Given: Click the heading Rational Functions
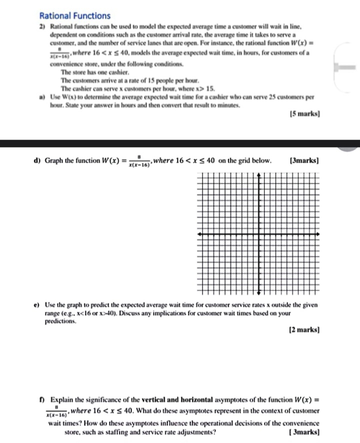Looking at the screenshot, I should point(74,16).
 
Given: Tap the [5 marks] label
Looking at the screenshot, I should point(304,114).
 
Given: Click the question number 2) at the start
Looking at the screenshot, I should point(42,26).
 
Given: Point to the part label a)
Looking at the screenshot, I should point(42,95).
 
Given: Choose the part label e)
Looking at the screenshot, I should point(37,305).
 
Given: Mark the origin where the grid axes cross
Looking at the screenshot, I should point(259,234).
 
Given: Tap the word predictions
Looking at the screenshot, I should point(62,321).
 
